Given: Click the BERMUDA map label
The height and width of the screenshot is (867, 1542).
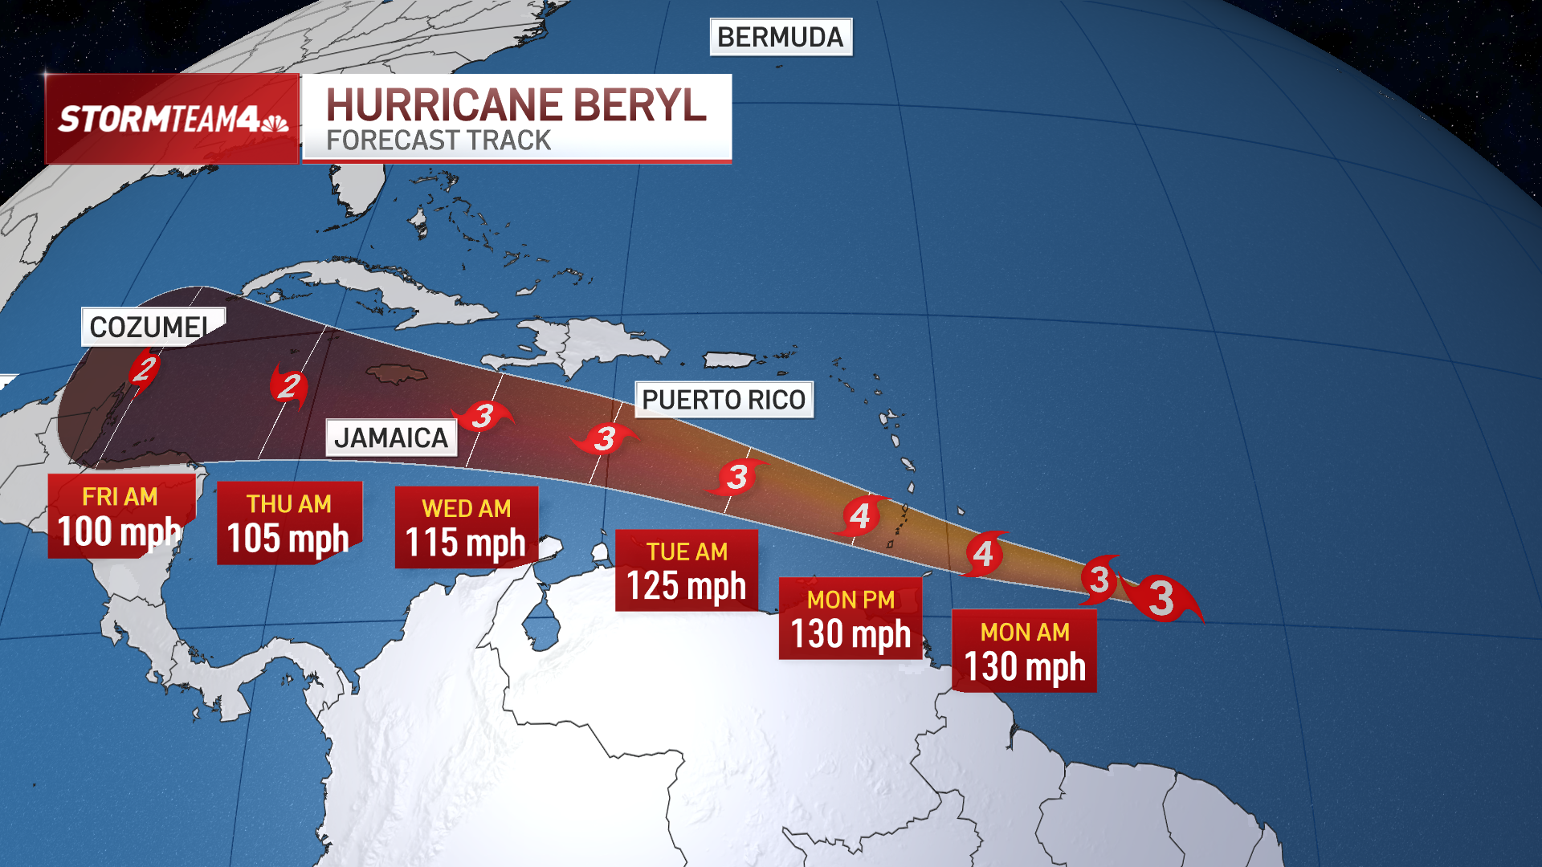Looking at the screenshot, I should pyautogui.click(x=780, y=37).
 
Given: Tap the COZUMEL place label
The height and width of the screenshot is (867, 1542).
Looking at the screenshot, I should pyautogui.click(x=149, y=327).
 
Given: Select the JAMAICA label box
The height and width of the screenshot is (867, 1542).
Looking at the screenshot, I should pyautogui.click(x=391, y=438).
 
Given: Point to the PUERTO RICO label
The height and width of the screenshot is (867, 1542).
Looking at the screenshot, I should pyautogui.click(x=724, y=400).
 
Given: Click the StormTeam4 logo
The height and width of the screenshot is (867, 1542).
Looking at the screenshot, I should pyautogui.click(x=172, y=119).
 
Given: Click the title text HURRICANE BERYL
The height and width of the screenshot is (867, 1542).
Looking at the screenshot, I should pyautogui.click(x=516, y=105).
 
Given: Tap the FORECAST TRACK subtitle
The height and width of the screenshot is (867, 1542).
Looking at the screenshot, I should pyautogui.click(x=439, y=140).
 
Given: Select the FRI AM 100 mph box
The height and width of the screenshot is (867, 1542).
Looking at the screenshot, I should pyautogui.click(x=120, y=516).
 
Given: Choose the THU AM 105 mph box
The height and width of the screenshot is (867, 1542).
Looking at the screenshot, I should pyautogui.click(x=289, y=523).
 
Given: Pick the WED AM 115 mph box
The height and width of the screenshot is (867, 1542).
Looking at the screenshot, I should pyautogui.click(x=466, y=527).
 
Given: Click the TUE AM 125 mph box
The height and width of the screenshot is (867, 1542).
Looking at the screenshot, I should pyautogui.click(x=687, y=571).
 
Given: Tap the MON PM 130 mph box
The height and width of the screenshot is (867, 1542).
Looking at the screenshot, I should pyautogui.click(x=851, y=618).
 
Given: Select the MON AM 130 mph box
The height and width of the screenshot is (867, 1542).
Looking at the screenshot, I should pyautogui.click(x=1024, y=651).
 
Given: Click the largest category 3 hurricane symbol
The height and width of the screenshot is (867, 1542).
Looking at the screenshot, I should pyautogui.click(x=1161, y=598).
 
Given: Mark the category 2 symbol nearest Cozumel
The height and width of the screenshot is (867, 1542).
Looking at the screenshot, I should pyautogui.click(x=145, y=369).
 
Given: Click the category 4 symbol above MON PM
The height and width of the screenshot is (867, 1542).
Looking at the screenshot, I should pyautogui.click(x=860, y=515).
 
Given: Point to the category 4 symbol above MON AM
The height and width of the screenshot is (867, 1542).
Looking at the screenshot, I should pyautogui.click(x=984, y=553).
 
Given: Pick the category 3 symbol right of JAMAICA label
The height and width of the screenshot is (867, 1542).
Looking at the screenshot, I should pyautogui.click(x=483, y=416).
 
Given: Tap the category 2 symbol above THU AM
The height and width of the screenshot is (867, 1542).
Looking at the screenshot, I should pyautogui.click(x=289, y=385).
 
